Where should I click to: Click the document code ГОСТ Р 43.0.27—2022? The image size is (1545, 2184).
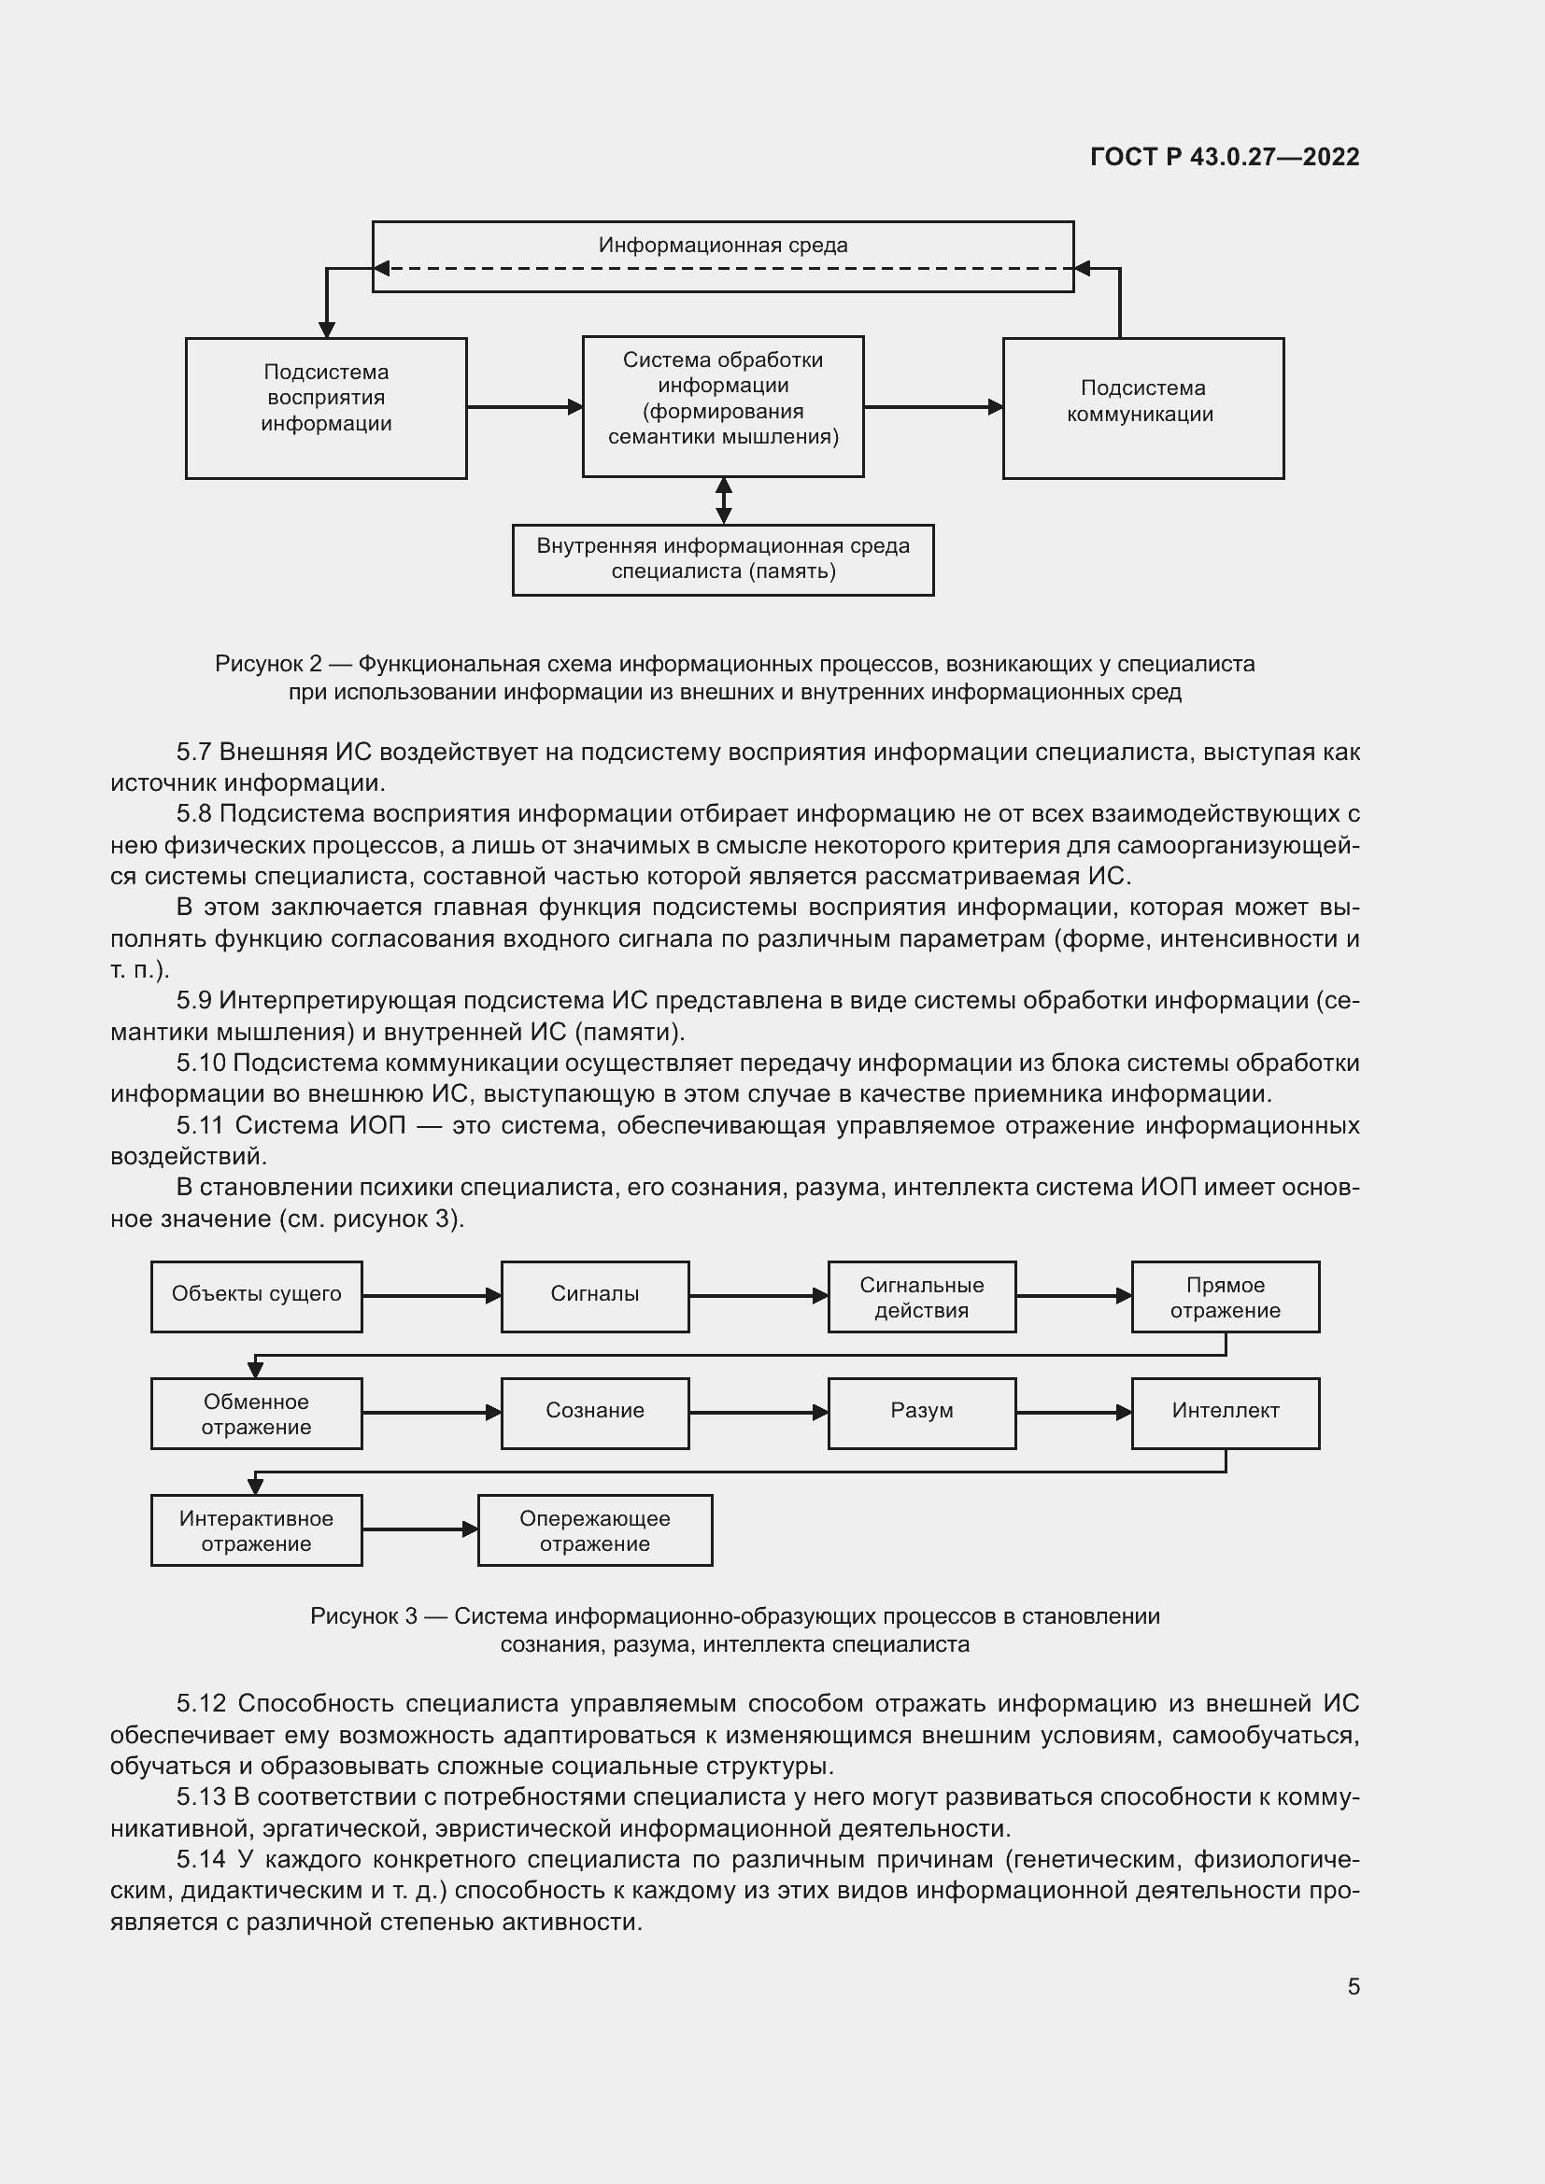pyautogui.click(x=1225, y=157)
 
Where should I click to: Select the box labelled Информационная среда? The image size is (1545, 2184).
pyautogui.click(x=722, y=245)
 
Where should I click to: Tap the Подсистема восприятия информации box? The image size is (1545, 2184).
pyautogui.click(x=325, y=407)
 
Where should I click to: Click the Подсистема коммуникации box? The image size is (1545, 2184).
pyautogui.click(x=1141, y=407)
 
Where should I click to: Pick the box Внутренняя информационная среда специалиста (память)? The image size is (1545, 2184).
pyautogui.click(x=722, y=559)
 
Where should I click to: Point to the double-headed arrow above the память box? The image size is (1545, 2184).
pyautogui.click(x=723, y=500)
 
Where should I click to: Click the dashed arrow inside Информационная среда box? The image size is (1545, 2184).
pyautogui.click(x=723, y=268)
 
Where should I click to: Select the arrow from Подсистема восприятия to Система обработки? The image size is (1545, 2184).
pyautogui.click(x=523, y=407)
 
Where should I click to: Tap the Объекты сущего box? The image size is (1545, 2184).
pyautogui.click(x=256, y=1297)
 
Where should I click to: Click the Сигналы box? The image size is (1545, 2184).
pyautogui.click(x=595, y=1297)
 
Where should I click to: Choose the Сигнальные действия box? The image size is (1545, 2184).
pyautogui.click(x=921, y=1297)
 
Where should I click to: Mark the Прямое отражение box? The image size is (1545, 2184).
pyautogui.click(x=1225, y=1297)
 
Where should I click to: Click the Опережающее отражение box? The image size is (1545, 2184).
pyautogui.click(x=595, y=1530)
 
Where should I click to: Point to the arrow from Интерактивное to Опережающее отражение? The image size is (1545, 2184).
pyautogui.click(x=418, y=1529)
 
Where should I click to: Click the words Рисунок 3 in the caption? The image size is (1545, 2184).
pyautogui.click(x=363, y=1616)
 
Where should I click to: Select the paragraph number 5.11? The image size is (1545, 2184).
pyautogui.click(x=200, y=1125)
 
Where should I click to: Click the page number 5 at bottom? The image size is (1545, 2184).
pyautogui.click(x=1353, y=1987)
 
